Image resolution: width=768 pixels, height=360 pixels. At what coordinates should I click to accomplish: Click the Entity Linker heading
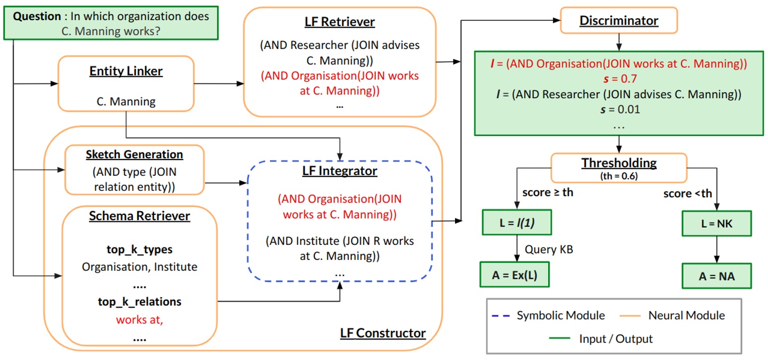coord(126,71)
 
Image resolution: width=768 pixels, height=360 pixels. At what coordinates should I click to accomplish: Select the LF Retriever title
coord(340,22)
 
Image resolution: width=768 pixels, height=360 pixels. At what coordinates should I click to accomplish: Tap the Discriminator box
coord(619,21)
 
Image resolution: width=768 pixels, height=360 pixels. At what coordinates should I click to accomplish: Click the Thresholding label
coord(619,163)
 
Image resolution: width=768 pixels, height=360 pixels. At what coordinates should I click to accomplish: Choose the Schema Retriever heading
coord(139,216)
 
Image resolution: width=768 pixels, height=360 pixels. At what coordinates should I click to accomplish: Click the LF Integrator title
coord(340,170)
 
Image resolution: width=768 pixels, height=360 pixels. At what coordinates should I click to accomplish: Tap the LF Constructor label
coord(383,333)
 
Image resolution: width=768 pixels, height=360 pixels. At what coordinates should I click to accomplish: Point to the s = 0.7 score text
coord(618,79)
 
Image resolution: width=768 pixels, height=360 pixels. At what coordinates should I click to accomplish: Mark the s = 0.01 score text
coord(618,109)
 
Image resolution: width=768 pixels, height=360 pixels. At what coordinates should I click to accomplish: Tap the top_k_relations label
coord(140,302)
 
